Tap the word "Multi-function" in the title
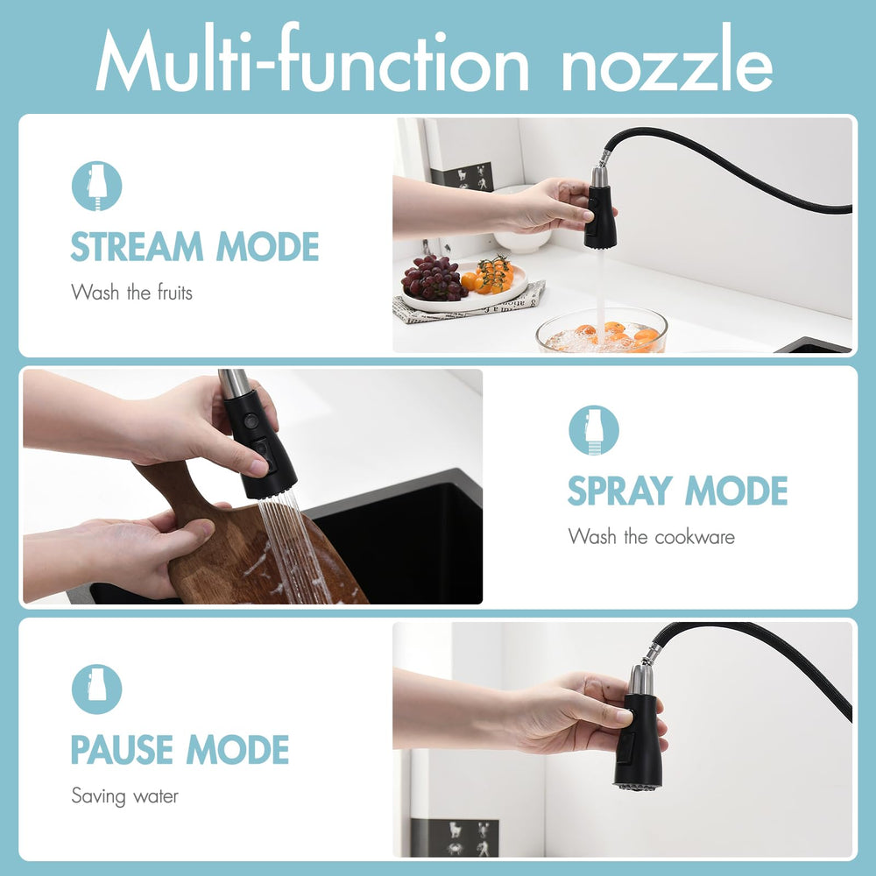click(312, 58)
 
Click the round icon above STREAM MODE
click(96, 186)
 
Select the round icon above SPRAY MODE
click(594, 430)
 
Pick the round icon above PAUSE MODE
click(96, 689)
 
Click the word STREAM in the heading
click(137, 246)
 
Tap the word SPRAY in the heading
click(619, 491)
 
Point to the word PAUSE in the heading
click(122, 749)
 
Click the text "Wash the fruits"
click(132, 293)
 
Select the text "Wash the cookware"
click(652, 536)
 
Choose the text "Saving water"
click(125, 796)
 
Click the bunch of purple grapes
click(434, 279)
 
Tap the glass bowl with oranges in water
click(602, 331)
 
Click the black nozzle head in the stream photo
click(601, 216)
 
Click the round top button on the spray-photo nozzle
click(251, 420)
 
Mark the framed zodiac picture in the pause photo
click(455, 837)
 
